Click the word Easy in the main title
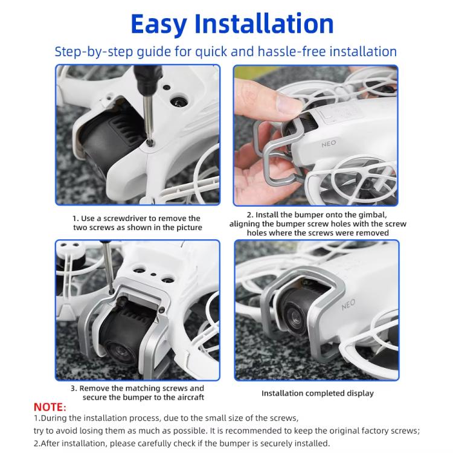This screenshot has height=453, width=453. (159, 24)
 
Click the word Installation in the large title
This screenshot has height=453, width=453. (264, 24)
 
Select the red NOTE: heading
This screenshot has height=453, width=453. (50, 406)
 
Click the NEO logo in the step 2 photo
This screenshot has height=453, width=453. (329, 144)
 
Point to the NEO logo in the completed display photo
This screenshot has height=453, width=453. (348, 304)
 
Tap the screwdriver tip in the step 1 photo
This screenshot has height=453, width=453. (150, 141)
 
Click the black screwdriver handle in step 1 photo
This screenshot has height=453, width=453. (146, 79)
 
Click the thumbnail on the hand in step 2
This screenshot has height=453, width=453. (287, 102)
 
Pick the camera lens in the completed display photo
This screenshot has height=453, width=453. (295, 317)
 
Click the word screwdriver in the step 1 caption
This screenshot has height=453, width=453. (126, 219)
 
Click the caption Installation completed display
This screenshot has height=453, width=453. (318, 393)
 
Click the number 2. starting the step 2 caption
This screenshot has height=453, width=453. (250, 215)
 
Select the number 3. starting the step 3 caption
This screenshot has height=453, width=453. (74, 388)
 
